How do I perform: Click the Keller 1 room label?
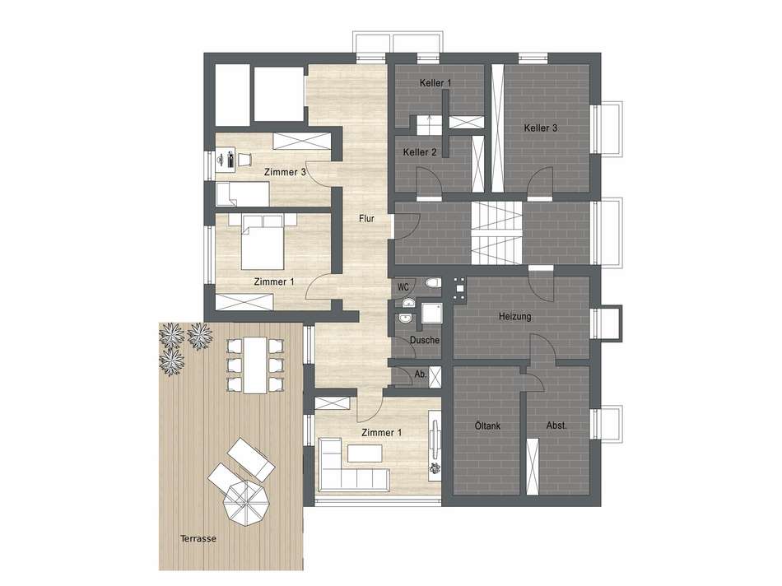coord(435,84)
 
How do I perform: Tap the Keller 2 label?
coord(420,152)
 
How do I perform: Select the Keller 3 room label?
coord(541,128)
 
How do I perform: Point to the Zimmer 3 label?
coord(286,173)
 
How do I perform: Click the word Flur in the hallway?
coord(367,220)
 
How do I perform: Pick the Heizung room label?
coord(514,317)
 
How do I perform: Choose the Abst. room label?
coord(557,426)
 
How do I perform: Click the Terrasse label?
coord(198,538)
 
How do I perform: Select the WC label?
coord(403,287)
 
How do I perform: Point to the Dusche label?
coord(423,341)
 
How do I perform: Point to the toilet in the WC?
coord(431,286)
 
